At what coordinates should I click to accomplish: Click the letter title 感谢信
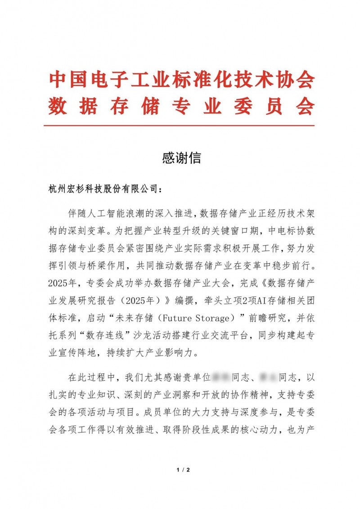click(x=180, y=158)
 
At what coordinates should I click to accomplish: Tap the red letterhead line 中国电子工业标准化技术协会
click(x=181, y=80)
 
